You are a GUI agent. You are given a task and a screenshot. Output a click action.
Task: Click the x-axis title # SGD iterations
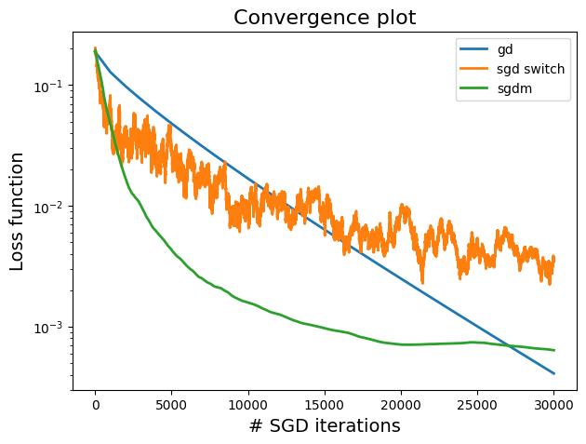(x=325, y=425)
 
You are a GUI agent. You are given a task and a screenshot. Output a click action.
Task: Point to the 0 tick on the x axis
(x=95, y=404)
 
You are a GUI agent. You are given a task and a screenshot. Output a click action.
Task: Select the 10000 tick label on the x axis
(x=247, y=404)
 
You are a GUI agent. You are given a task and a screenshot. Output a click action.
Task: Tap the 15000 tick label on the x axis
(x=325, y=404)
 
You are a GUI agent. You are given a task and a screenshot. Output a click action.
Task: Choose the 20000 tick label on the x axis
(x=401, y=404)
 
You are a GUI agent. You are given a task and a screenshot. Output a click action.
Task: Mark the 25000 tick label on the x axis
(x=477, y=404)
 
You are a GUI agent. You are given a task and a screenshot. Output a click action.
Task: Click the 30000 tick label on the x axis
(x=553, y=404)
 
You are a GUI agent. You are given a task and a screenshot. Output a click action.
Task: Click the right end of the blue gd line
(x=553, y=373)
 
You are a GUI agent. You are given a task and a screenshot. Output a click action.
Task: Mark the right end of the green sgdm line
(x=553, y=350)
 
